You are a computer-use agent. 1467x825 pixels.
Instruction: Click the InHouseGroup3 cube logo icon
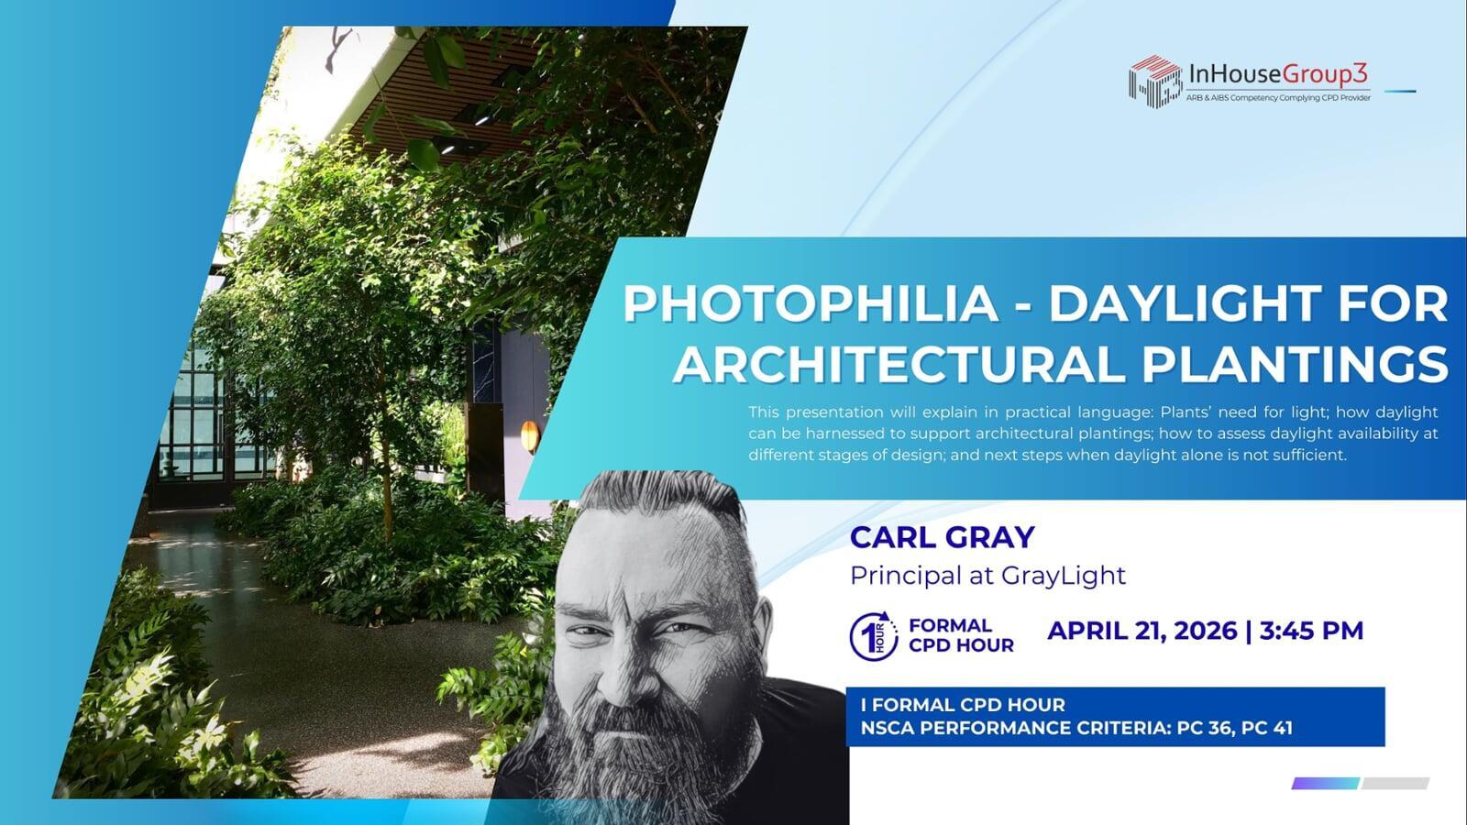point(1155,82)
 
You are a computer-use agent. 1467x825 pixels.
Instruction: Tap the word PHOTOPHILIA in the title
point(811,303)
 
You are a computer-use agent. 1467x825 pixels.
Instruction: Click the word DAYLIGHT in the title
point(1186,303)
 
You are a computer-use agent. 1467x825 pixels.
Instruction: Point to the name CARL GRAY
point(943,537)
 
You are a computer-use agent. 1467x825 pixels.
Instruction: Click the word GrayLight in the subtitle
point(1064,576)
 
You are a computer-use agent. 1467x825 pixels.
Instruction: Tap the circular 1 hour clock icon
point(874,636)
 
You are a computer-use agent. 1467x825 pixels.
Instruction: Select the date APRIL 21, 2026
point(1142,631)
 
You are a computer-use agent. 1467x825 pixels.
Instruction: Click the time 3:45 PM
point(1311,631)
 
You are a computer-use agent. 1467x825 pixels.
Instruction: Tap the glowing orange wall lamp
point(530,435)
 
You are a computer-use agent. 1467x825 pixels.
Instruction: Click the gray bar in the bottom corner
point(1395,783)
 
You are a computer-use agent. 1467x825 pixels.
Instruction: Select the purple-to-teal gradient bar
point(1326,783)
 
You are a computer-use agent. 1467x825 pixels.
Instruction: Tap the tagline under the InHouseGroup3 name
point(1278,98)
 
